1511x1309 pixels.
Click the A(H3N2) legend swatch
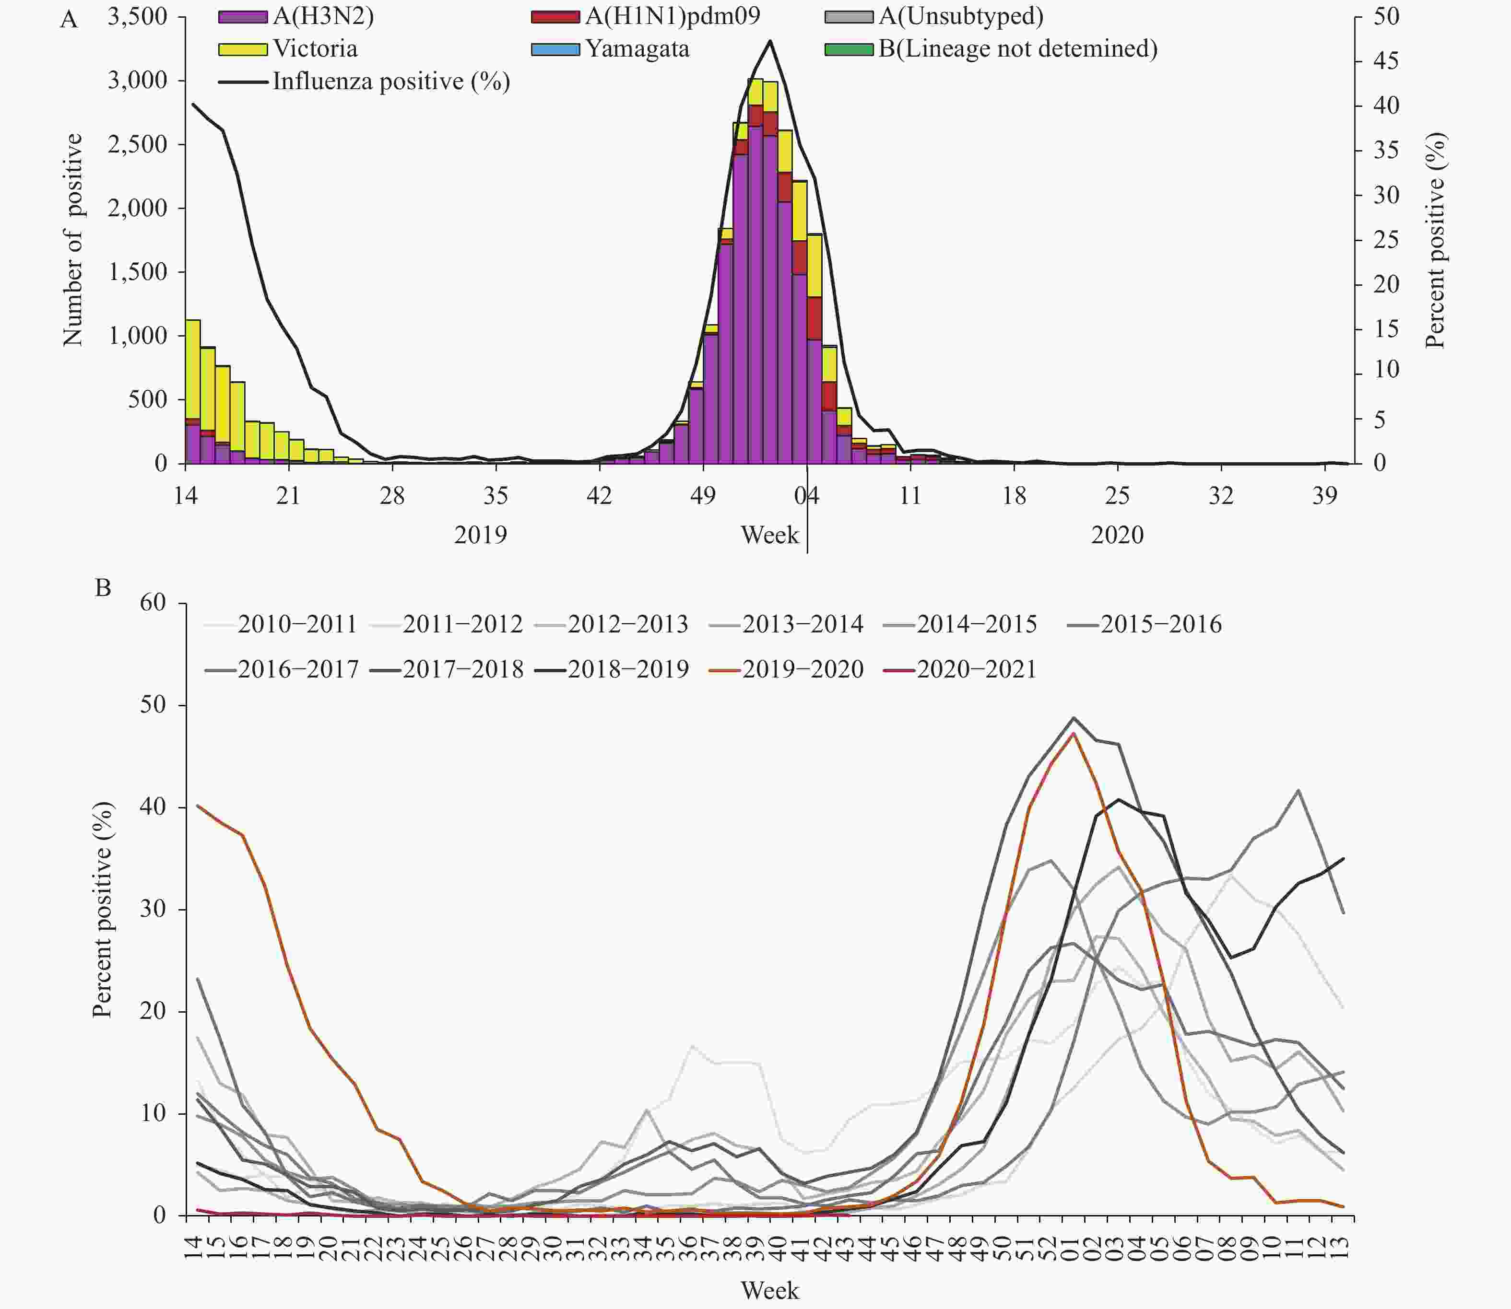pyautogui.click(x=243, y=17)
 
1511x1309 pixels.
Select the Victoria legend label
pyautogui.click(x=315, y=49)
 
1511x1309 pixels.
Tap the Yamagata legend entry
pyautogui.click(x=637, y=49)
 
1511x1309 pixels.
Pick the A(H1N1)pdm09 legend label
pyautogui.click(x=672, y=17)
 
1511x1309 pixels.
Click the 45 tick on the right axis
pyautogui.click(x=1386, y=60)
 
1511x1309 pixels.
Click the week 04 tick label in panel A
pyautogui.click(x=807, y=496)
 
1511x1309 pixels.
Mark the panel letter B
pyautogui.click(x=103, y=587)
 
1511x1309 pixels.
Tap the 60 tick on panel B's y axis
pyautogui.click(x=153, y=603)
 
